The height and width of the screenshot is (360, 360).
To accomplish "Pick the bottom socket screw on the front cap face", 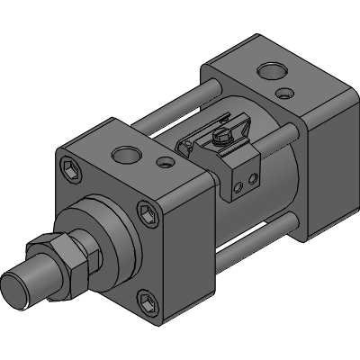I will pos(148,301).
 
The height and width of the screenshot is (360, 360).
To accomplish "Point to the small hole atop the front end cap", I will pos(164,164).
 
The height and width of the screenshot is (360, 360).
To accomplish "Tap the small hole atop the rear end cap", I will pos(285,93).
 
